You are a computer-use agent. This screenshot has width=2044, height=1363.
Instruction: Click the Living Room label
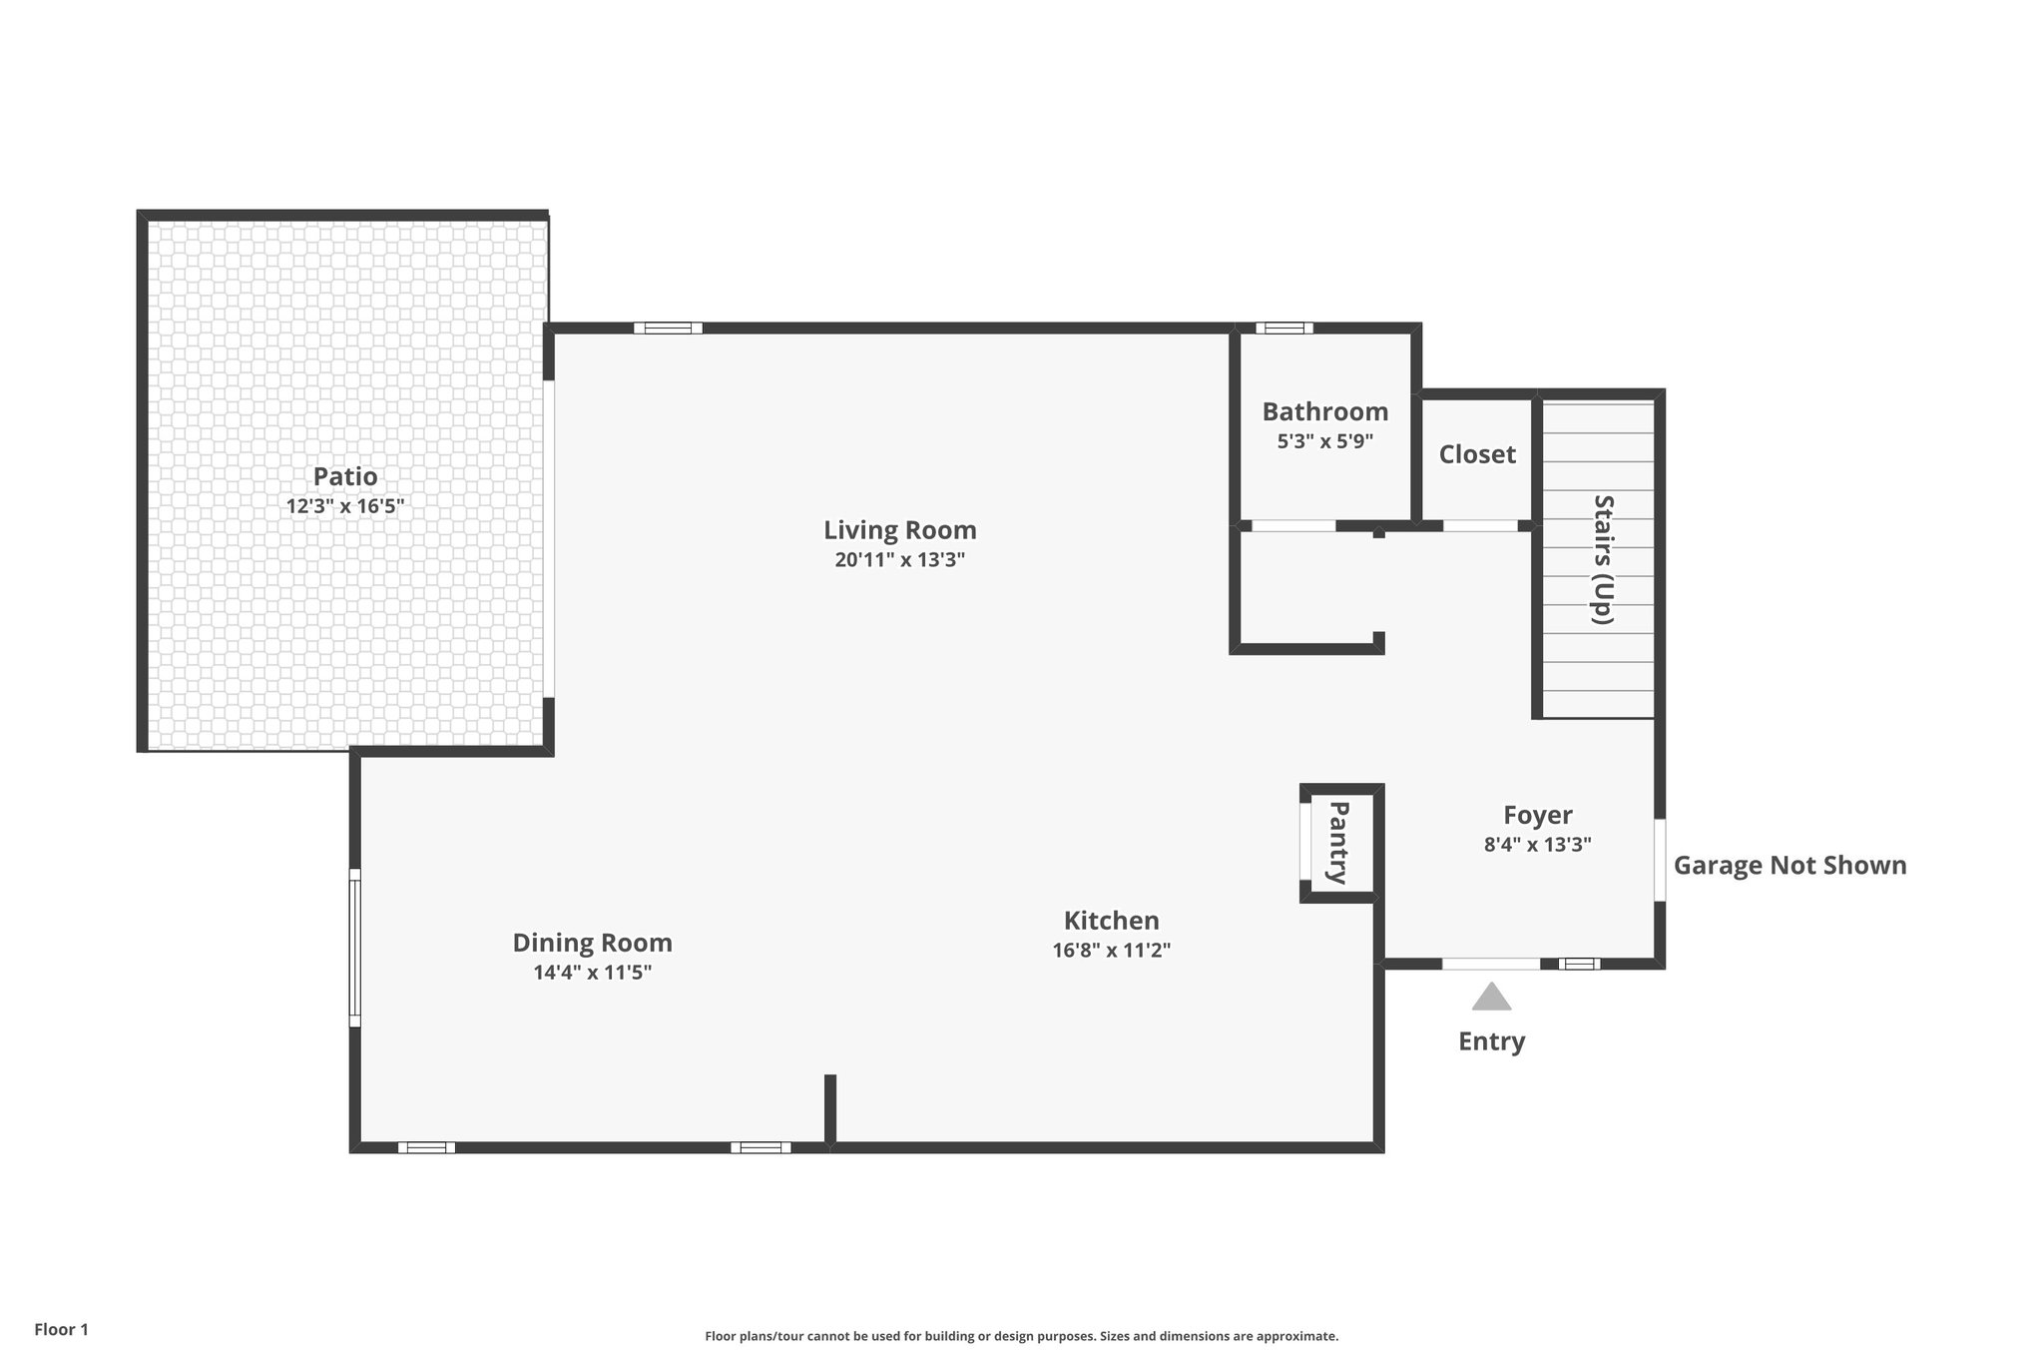[x=899, y=530]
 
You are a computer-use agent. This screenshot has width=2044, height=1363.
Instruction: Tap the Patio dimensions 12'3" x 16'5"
[x=344, y=506]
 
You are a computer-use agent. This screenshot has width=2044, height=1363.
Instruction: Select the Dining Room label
[x=592, y=943]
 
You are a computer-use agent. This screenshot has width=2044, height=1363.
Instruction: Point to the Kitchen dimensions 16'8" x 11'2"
[x=1111, y=951]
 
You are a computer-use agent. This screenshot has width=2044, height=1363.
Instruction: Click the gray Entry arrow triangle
[x=1491, y=998]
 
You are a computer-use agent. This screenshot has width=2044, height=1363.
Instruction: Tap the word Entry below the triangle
[x=1491, y=1041]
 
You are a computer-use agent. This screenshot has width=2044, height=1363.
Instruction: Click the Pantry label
[x=1338, y=843]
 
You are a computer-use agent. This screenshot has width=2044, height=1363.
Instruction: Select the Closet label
[x=1477, y=454]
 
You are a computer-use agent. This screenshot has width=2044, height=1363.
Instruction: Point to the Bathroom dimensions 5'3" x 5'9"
[x=1324, y=441]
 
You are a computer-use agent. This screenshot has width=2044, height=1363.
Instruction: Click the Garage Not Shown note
[x=1789, y=865]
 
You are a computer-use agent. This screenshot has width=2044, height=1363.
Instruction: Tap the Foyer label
[x=1537, y=816]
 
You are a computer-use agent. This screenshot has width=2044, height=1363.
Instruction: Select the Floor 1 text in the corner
[x=62, y=1329]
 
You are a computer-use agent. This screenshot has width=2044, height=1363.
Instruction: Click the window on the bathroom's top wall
[x=1283, y=328]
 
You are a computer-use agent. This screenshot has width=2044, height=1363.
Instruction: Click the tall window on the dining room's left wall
[x=354, y=948]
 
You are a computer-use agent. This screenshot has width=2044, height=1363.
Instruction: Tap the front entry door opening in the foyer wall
[x=1491, y=964]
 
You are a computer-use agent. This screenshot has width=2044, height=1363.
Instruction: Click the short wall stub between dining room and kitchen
[x=829, y=1107]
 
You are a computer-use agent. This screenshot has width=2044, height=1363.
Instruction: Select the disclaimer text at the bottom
[x=1021, y=1336]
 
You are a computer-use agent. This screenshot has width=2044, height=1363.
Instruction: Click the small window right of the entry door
[x=1579, y=964]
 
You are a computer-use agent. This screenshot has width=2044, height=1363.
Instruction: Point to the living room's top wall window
[x=668, y=328]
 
